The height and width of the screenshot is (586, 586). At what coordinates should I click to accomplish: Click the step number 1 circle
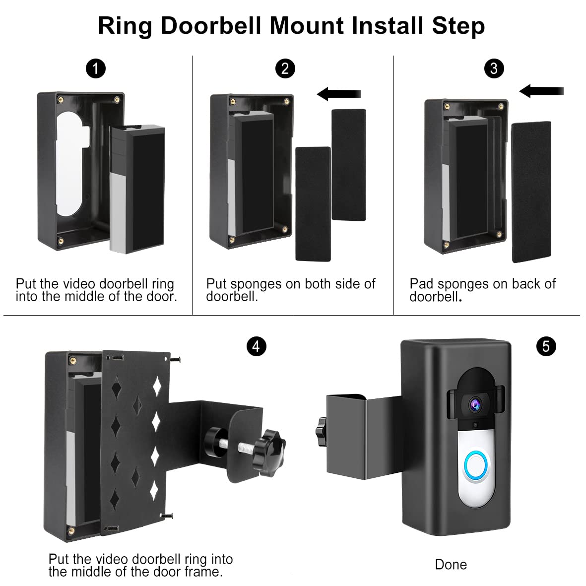pos(96,68)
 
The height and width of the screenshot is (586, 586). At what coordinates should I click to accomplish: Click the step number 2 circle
pos(285,68)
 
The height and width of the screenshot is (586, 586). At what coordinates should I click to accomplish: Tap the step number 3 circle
pos(494,68)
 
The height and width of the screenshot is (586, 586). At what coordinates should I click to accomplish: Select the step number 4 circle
pos(256,346)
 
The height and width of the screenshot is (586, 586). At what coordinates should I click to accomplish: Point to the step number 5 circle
pos(546,346)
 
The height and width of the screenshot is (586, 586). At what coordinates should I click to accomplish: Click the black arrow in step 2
pos(339,94)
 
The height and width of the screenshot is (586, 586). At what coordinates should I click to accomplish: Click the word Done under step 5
pos(451,565)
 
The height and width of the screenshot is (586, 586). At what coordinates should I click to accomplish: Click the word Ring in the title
pos(126,26)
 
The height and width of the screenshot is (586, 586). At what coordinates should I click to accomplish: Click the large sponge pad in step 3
pos(531,192)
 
